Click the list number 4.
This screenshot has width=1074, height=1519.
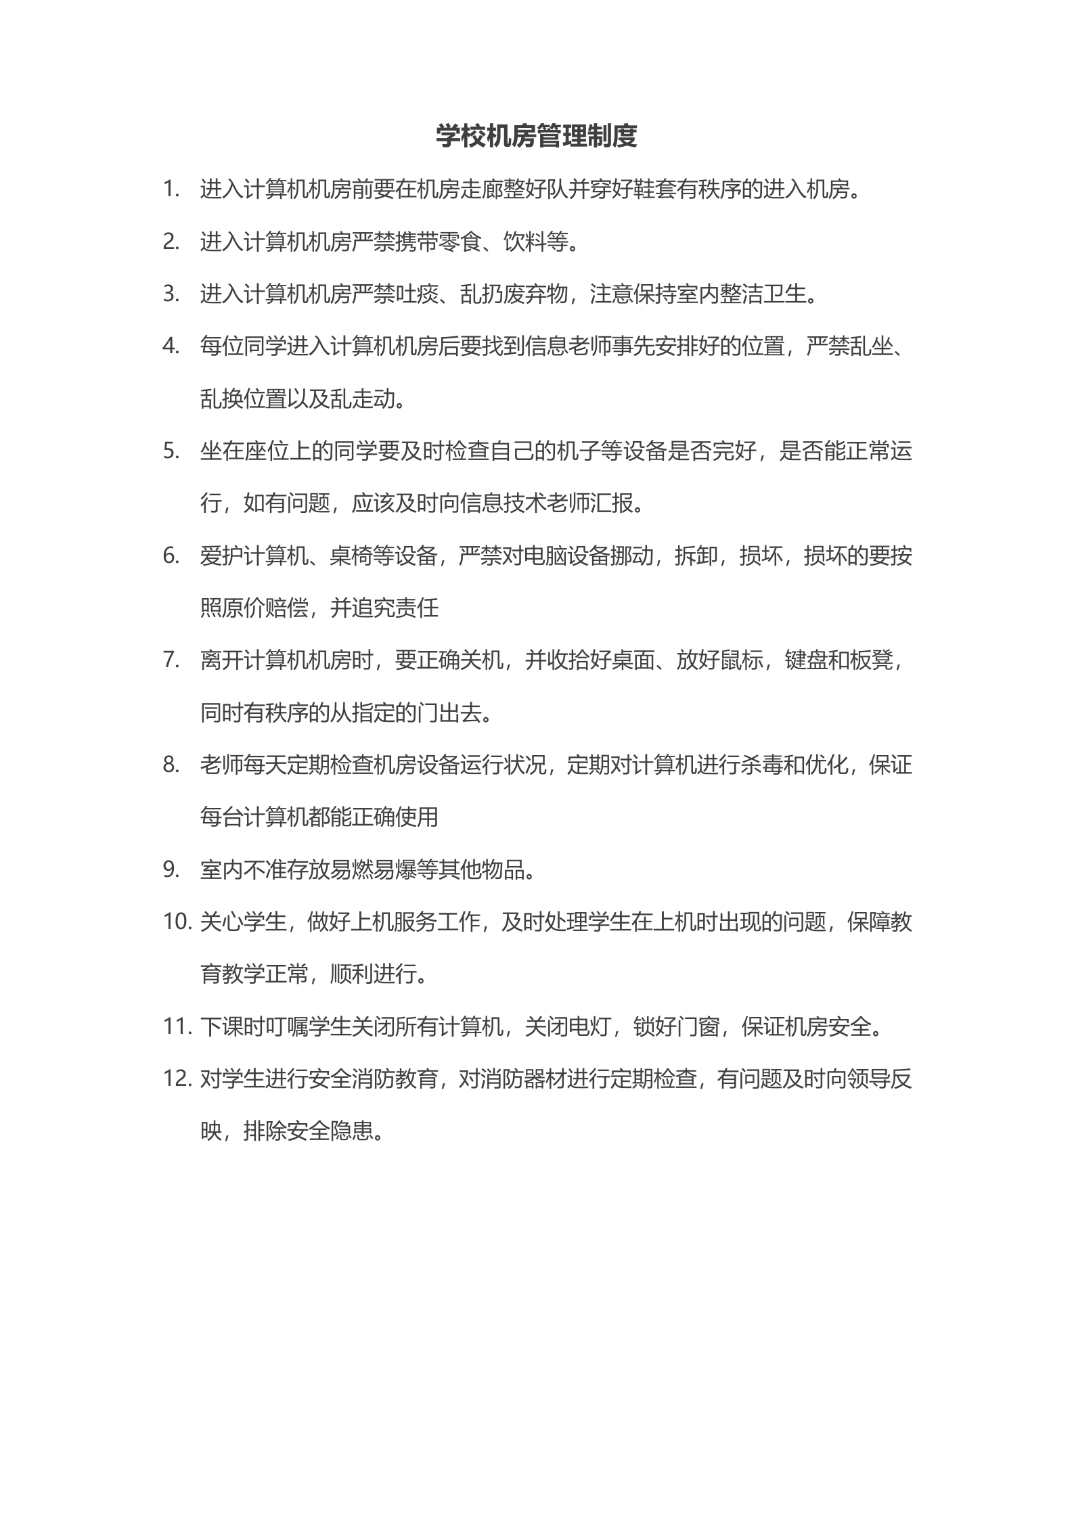pyautogui.click(x=171, y=346)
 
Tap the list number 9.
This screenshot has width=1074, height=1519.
pyautogui.click(x=171, y=869)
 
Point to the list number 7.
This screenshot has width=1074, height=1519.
pyautogui.click(x=171, y=660)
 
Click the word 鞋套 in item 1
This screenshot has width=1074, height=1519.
pyautogui.click(x=654, y=190)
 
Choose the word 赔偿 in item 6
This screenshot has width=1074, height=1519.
pyautogui.click(x=287, y=608)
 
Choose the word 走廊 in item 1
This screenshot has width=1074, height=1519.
pyautogui.click(x=482, y=190)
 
